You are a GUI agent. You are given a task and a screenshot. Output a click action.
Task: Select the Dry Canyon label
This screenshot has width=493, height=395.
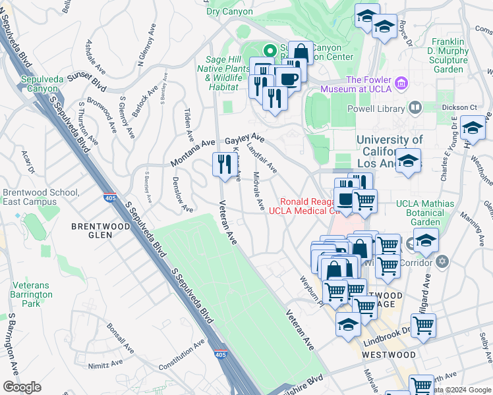tap(229, 11)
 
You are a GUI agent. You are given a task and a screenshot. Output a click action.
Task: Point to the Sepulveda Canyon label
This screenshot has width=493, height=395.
tap(42, 84)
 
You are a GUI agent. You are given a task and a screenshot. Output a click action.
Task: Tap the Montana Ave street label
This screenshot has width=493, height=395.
tap(193, 153)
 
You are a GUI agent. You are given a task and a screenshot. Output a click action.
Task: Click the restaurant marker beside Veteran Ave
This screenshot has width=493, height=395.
tap(221, 165)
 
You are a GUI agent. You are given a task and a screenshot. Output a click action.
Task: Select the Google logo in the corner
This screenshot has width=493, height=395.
tap(22, 387)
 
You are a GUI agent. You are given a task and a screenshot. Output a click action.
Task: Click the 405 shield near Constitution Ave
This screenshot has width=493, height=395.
tap(220, 354)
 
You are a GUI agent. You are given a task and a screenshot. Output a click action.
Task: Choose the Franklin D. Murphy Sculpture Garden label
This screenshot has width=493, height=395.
tap(449, 55)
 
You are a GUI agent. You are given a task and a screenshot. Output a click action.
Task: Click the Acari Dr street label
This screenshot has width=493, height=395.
tap(27, 161)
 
